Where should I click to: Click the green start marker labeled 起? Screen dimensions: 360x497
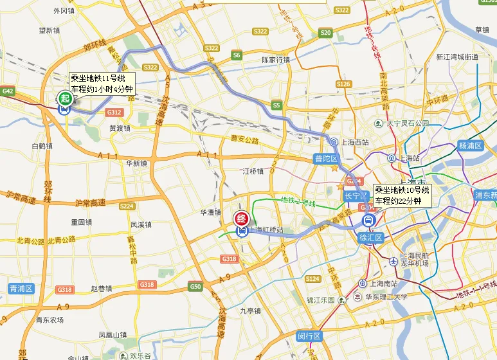click(x=64, y=98)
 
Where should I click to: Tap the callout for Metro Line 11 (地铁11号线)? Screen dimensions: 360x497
click(x=102, y=84)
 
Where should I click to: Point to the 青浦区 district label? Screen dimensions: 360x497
click(x=21, y=289)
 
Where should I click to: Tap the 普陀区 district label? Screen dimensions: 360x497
click(x=325, y=159)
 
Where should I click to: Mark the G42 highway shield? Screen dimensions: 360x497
click(x=8, y=91)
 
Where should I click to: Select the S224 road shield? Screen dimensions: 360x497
click(x=127, y=206)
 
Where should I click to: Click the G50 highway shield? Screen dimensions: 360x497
click(x=195, y=286)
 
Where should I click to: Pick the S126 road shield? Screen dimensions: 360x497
click(x=343, y=84)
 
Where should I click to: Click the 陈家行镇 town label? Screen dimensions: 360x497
click(x=275, y=60)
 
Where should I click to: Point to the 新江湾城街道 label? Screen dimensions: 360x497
click(x=457, y=57)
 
